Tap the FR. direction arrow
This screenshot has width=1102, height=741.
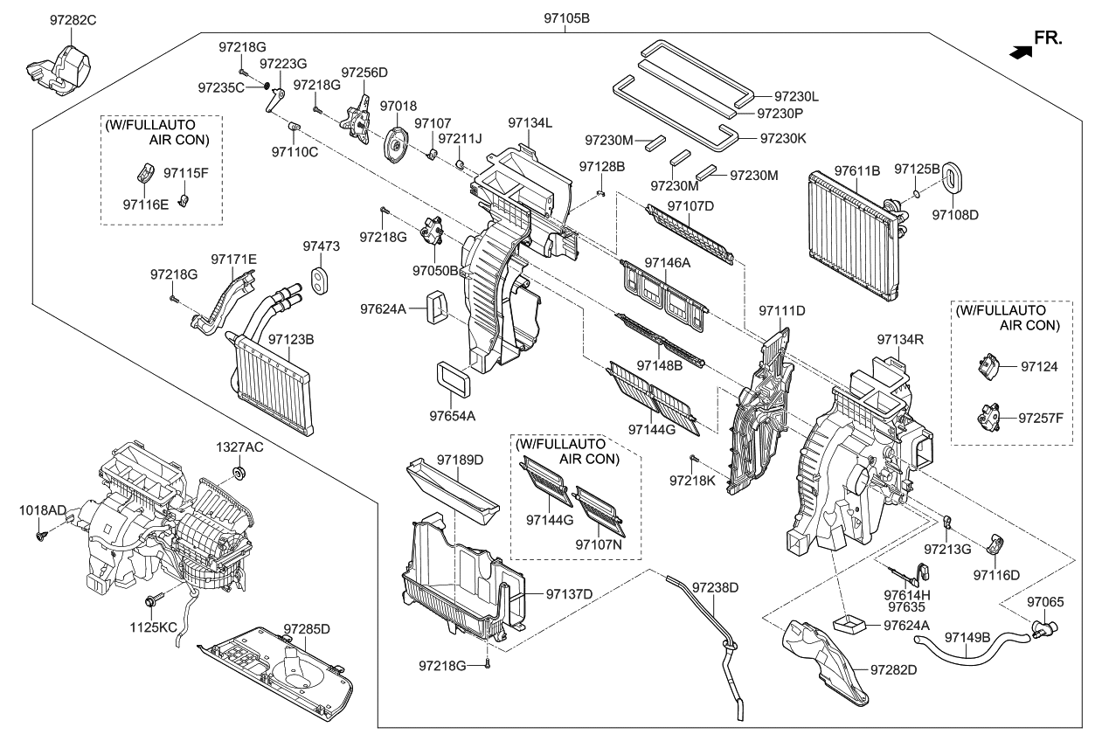point(1020,52)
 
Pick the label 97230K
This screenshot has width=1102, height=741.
point(784,138)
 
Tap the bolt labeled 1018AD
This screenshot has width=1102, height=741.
point(40,534)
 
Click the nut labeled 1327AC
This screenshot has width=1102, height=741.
point(237,474)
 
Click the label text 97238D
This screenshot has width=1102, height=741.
point(716,587)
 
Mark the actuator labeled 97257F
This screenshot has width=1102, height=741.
point(989,417)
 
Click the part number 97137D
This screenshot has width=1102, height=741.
point(569,594)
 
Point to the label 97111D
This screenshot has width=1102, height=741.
point(781,310)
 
